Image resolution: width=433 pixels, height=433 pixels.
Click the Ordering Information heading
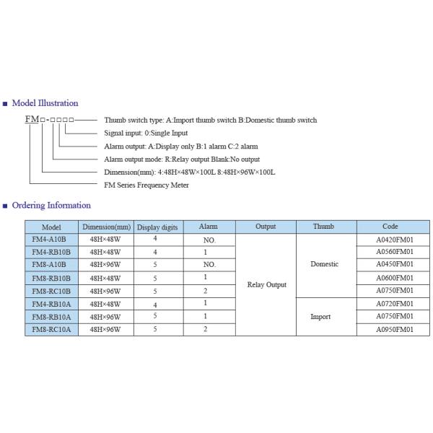[x=51, y=206]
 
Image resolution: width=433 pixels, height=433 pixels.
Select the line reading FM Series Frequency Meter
[x=146, y=185]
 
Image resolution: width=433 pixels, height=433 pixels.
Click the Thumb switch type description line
[x=210, y=120]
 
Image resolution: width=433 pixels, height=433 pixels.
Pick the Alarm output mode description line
[x=182, y=159]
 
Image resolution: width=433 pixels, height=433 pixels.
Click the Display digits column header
[x=157, y=227]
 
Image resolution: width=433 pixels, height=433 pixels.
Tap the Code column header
[x=390, y=227]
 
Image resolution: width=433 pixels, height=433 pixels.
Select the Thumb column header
[x=324, y=227]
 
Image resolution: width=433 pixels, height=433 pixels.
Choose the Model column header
[x=52, y=227]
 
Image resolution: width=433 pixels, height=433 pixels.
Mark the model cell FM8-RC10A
[x=52, y=330]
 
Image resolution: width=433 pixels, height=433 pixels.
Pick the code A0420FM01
[x=394, y=239]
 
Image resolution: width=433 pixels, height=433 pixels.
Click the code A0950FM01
[x=394, y=330]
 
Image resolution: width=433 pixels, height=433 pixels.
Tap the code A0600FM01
[x=394, y=278]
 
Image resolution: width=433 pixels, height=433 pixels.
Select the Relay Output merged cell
[x=267, y=284]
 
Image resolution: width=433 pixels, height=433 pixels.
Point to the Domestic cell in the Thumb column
[x=325, y=264]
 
